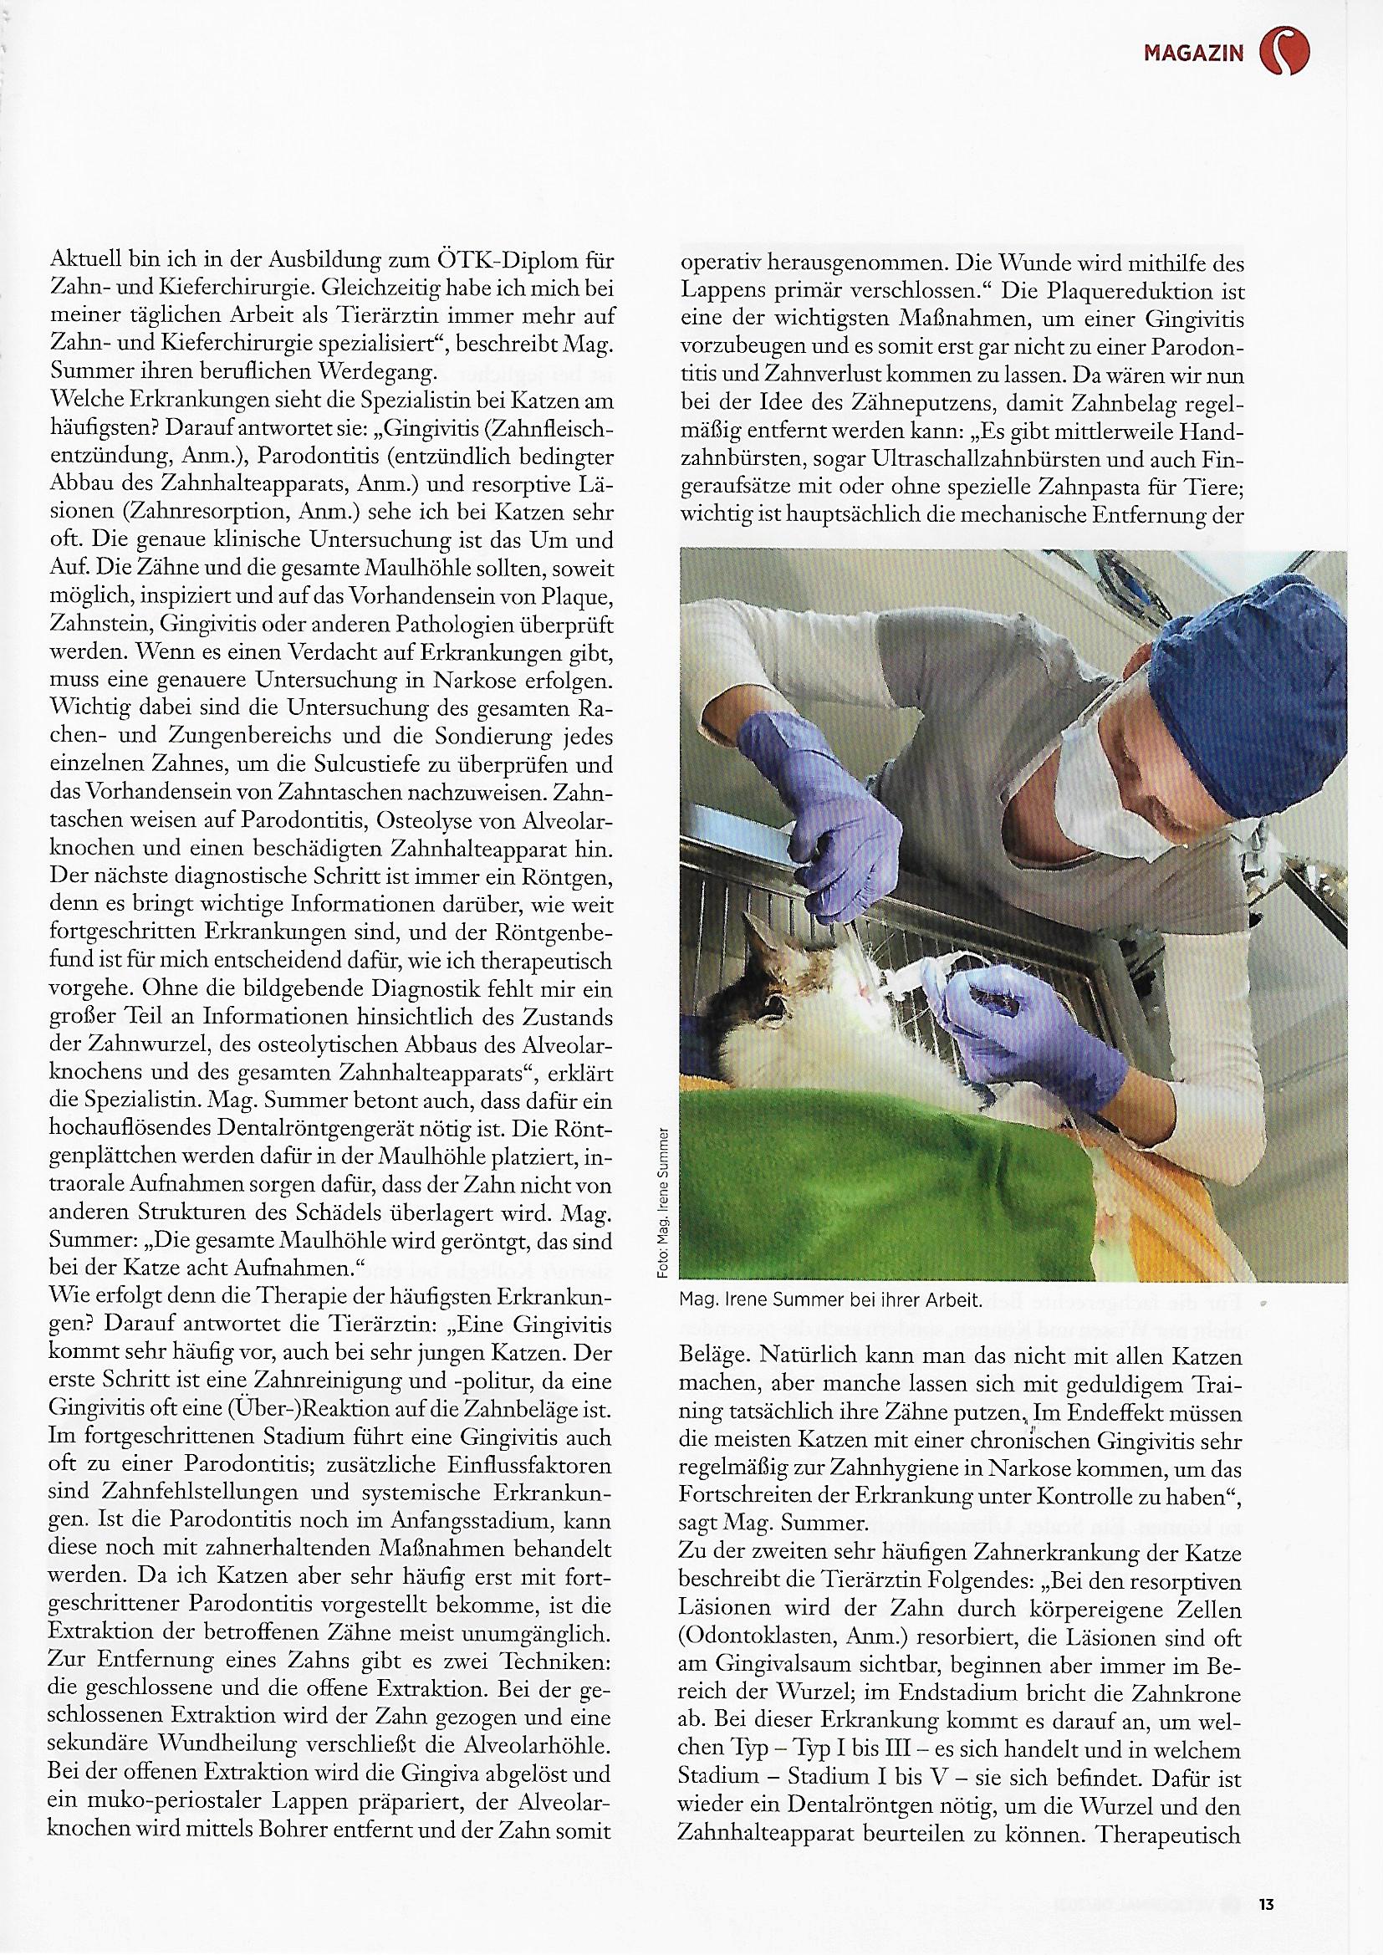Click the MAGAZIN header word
(1192, 54)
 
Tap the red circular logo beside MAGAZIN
(1284, 50)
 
